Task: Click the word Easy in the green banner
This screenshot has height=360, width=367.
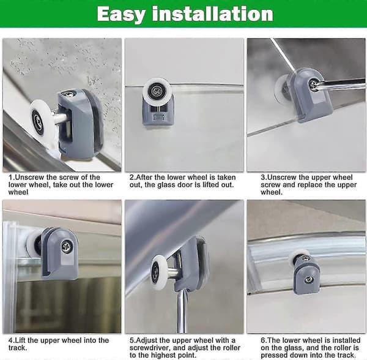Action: pyautogui.click(x=121, y=15)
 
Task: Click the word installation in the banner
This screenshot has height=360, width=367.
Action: pyautogui.click(x=212, y=14)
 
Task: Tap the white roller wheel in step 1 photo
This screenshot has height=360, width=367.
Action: pyautogui.click(x=41, y=119)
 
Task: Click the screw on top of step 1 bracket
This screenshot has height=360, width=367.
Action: pyautogui.click(x=68, y=94)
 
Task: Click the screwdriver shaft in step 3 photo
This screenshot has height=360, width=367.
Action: pyautogui.click(x=341, y=84)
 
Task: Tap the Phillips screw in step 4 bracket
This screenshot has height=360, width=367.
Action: pyautogui.click(x=66, y=246)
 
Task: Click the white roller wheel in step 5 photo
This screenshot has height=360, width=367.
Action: pyautogui.click(x=158, y=272)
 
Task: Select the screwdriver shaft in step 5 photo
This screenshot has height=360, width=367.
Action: pyautogui.click(x=182, y=311)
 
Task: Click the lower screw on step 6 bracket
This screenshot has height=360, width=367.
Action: pyautogui.click(x=308, y=279)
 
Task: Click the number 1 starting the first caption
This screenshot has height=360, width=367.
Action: pyautogui.click(x=10, y=177)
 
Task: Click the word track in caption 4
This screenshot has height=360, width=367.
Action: pyautogui.click(x=18, y=348)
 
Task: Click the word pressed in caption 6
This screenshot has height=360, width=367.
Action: pyautogui.click(x=273, y=356)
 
